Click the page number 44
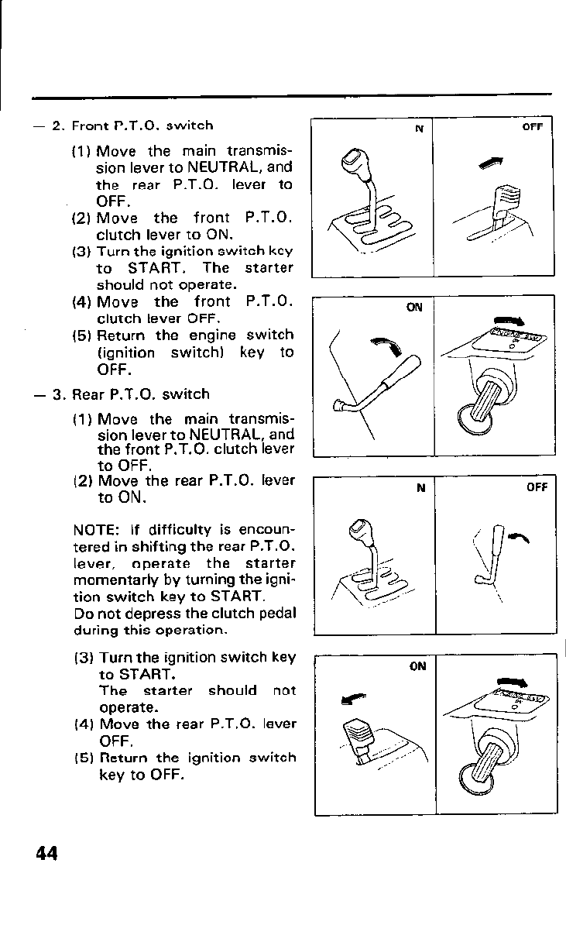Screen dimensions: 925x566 point(46,854)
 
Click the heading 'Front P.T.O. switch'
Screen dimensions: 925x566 point(142,125)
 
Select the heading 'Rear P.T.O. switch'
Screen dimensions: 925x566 point(141,394)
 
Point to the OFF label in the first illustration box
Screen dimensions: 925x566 point(532,128)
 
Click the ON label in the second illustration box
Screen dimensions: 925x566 point(414,307)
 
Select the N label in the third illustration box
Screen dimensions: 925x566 point(420,488)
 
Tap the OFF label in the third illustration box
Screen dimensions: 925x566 point(537,487)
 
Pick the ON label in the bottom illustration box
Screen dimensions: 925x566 point(417,666)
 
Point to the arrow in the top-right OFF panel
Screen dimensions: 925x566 point(489,160)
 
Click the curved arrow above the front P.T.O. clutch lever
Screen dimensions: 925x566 point(381,346)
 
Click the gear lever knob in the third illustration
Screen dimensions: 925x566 point(360,530)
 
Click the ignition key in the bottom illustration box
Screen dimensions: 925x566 point(484,767)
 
